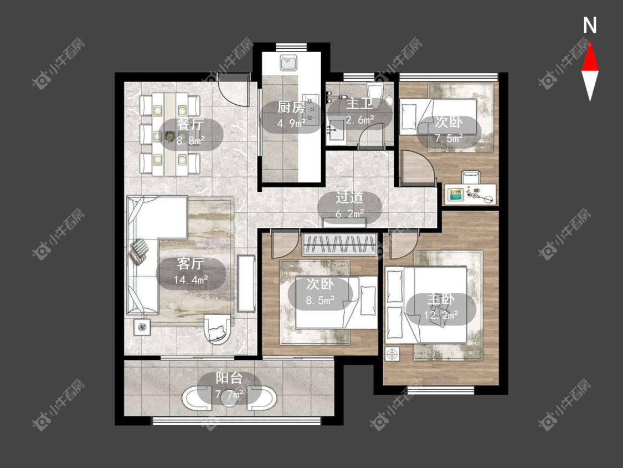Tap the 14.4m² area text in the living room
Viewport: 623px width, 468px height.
coord(191,280)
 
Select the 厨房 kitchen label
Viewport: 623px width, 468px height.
coord(291,107)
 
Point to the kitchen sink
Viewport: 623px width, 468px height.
coord(289,63)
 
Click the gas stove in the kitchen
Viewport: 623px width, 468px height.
coord(311,109)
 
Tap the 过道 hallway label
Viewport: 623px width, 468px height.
coord(349,198)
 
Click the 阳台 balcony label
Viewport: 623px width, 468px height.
coord(229,378)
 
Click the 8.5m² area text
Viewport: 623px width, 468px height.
coord(320,299)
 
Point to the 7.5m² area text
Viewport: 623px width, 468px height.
coord(449,138)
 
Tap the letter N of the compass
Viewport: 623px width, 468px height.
coord(590,26)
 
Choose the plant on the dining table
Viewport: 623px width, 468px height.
coord(169,136)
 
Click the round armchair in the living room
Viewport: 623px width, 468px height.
coord(217,329)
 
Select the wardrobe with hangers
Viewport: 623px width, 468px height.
coord(339,245)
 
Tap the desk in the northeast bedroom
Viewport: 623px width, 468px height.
coord(470,195)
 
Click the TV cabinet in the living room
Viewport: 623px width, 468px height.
coord(246,283)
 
